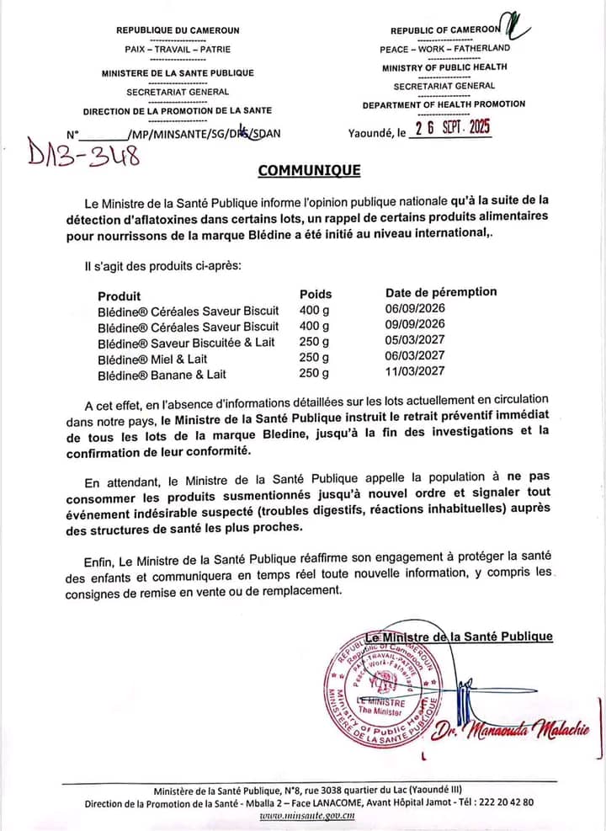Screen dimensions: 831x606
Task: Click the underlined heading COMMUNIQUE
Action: (x=309, y=171)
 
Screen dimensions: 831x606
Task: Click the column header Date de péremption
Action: (x=441, y=292)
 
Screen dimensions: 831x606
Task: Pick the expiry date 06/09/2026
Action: (x=415, y=309)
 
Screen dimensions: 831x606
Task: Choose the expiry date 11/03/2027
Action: (x=415, y=371)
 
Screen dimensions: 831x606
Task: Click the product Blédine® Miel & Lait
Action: (x=152, y=358)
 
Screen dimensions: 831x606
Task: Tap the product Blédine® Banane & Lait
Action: (x=162, y=374)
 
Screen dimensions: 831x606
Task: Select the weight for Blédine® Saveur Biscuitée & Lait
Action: (x=314, y=342)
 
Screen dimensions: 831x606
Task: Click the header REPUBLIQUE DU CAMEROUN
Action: (x=177, y=31)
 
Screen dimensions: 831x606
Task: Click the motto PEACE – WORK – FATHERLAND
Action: (x=444, y=48)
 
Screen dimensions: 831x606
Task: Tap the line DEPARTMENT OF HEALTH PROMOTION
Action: (x=444, y=104)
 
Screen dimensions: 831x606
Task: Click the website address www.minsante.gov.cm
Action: (x=306, y=815)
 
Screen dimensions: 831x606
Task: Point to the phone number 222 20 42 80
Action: (x=504, y=802)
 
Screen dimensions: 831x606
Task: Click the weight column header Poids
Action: (x=316, y=294)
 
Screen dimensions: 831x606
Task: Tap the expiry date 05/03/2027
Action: (x=415, y=341)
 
